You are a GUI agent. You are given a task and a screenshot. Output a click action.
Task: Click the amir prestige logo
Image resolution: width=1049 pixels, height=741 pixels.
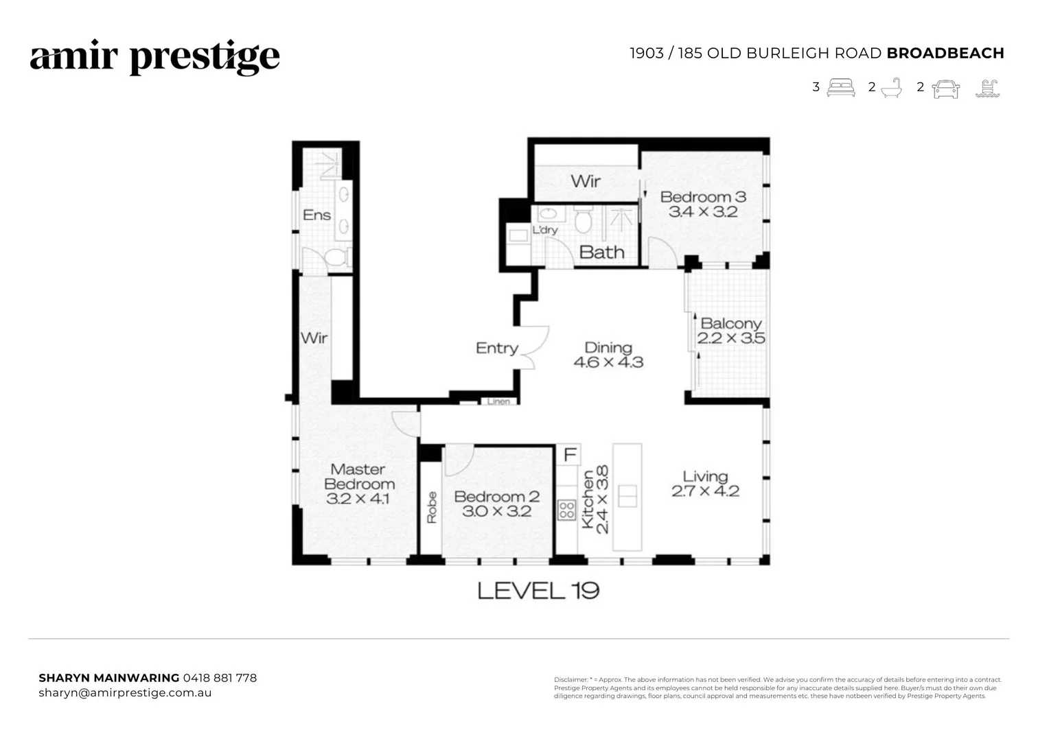pos(154,58)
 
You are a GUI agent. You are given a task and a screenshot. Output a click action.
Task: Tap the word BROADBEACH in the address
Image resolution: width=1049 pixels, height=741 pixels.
pos(945,54)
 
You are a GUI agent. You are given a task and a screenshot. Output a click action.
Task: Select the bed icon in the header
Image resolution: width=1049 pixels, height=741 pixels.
pos(841,88)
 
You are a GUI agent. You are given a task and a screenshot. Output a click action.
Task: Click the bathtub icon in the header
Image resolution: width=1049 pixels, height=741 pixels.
pos(890,88)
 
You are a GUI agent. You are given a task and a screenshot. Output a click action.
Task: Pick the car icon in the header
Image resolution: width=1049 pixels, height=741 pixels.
pos(945,89)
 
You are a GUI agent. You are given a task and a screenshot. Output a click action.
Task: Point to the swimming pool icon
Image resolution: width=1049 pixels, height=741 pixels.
pos(987,89)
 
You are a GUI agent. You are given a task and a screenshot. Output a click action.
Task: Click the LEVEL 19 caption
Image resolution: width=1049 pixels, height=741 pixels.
pos(538,591)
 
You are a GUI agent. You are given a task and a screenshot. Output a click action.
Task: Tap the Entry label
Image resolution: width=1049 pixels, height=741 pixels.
pos(496,349)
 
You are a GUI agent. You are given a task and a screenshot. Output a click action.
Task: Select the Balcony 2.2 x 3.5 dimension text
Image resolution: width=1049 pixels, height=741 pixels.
pos(731,338)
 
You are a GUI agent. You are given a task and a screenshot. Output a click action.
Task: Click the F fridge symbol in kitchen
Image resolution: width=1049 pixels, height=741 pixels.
pos(569,455)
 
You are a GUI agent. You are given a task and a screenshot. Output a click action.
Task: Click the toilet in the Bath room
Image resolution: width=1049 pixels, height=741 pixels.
pos(583,220)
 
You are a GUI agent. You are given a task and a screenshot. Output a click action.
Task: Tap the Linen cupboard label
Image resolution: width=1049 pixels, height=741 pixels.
pos(498,401)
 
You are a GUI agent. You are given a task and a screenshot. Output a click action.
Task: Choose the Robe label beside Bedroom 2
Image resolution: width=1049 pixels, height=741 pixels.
pos(431,508)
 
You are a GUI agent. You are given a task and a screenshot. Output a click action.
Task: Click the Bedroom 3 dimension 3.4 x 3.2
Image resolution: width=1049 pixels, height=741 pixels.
pos(703,212)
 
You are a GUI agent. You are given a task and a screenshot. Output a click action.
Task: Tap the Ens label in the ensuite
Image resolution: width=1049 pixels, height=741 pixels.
pos(316,215)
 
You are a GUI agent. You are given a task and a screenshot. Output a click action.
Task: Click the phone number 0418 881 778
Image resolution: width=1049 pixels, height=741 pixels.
pos(220,678)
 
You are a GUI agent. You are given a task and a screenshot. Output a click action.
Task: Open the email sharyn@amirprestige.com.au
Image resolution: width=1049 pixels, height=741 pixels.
pos(125,693)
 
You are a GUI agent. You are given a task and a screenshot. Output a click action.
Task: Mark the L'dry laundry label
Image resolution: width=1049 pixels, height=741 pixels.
pos(545,231)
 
